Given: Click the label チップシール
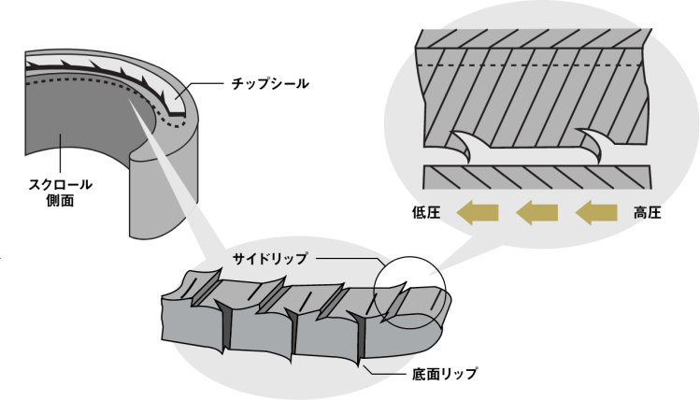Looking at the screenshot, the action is pyautogui.click(x=270, y=83).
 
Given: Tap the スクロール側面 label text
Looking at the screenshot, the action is pyautogui.click(x=60, y=193).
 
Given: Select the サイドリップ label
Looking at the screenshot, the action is pyautogui.click(x=270, y=259).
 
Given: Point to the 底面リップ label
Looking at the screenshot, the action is pyautogui.click(x=445, y=374).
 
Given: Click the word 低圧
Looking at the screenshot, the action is pyautogui.click(x=426, y=212).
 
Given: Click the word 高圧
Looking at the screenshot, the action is pyautogui.click(x=648, y=212).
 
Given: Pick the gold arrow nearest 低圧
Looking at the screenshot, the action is pyautogui.click(x=478, y=212).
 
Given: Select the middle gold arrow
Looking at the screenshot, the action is pyautogui.click(x=536, y=212).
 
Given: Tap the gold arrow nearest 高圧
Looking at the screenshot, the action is pyautogui.click(x=596, y=212).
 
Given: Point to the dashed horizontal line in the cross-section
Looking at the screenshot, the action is pyautogui.click(x=529, y=65).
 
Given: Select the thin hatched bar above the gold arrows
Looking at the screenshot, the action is pyautogui.click(x=536, y=178).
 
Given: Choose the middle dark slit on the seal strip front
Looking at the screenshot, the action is pyautogui.click(x=293, y=334).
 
